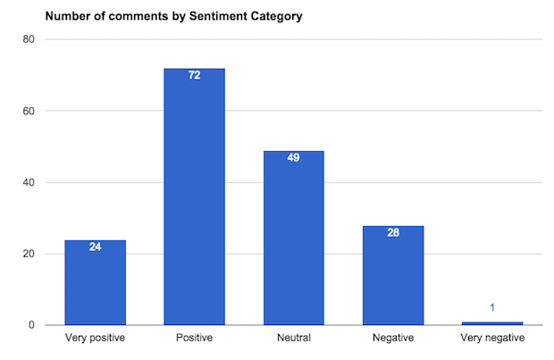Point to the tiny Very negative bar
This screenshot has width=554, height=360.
click(492, 322)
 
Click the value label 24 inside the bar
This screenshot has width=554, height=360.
click(95, 247)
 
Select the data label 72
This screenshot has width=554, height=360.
click(194, 75)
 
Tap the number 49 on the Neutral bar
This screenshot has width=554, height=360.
click(293, 157)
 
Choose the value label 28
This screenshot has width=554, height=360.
click(393, 232)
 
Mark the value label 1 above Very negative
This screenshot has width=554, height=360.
click(492, 308)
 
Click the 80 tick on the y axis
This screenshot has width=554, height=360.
click(29, 39)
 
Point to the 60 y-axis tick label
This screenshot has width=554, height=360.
click(29, 111)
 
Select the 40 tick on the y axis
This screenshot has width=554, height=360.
click(29, 182)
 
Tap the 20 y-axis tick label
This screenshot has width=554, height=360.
click(29, 254)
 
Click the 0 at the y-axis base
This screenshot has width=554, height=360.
click(32, 325)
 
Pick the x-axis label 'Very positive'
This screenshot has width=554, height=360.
click(95, 339)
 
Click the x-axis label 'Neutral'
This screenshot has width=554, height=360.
click(293, 339)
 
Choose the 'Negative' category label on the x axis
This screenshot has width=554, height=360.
click(393, 339)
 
